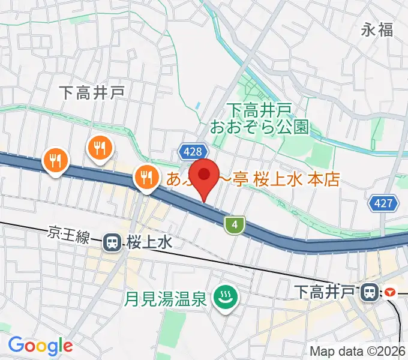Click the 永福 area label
tap(377, 29)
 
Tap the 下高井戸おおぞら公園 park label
tap(259, 118)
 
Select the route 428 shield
tap(193, 152)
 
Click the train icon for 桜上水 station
tap(112, 242)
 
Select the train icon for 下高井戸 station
tap(368, 292)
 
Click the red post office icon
tap(391, 292)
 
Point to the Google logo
tap(40, 346)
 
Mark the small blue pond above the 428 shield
tap(197, 106)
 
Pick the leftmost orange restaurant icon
tap(55, 161)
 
